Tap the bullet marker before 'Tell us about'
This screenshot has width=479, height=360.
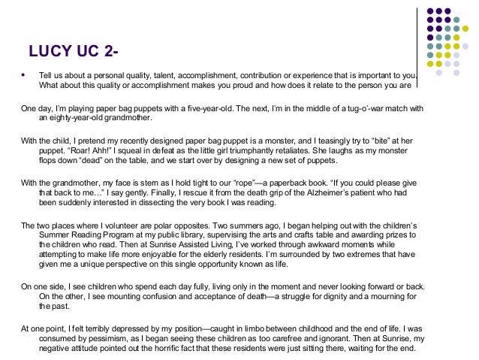pos(24,75)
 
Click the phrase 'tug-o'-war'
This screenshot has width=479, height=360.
pos(342,108)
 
